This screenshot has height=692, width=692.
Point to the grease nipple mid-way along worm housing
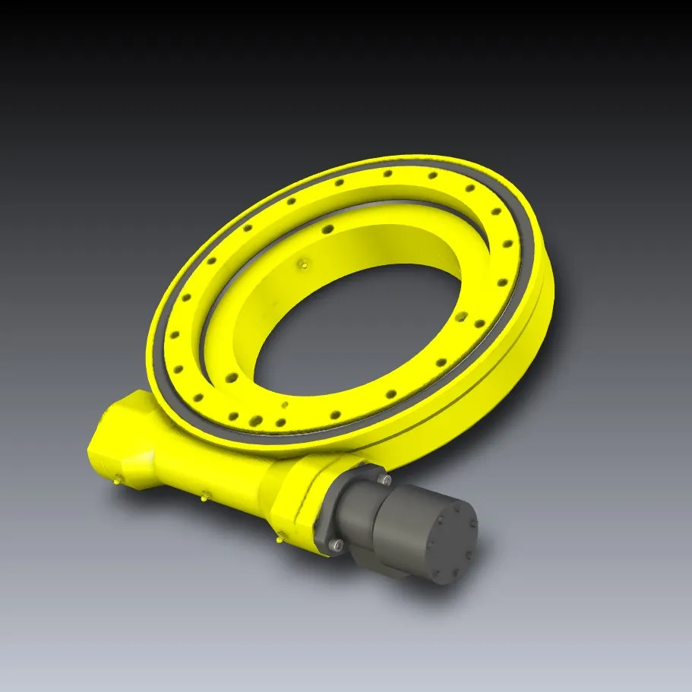(x=204, y=498)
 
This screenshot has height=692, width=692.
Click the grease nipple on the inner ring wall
(x=302, y=264)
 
